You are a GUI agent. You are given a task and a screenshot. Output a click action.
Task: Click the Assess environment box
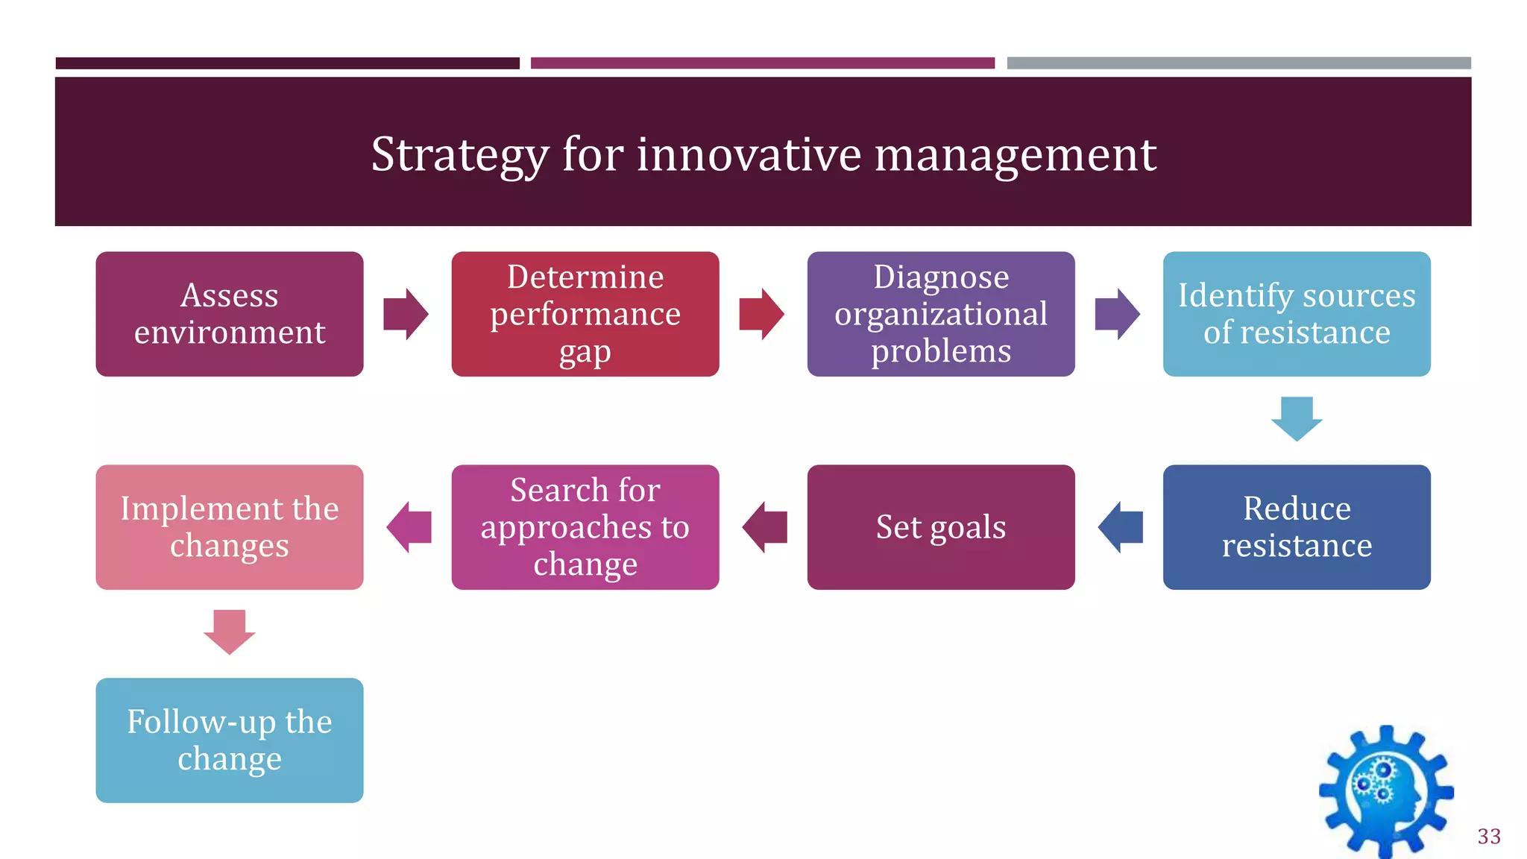230,314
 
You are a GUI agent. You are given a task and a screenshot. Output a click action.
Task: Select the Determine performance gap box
585,314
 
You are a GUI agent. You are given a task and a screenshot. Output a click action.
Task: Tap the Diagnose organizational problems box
941,314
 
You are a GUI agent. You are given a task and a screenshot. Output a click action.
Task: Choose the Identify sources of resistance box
1297,314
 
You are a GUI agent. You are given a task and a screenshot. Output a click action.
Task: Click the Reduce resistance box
1297,527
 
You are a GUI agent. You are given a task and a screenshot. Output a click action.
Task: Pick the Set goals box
941,527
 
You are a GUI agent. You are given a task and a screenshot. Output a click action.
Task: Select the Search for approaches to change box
585,527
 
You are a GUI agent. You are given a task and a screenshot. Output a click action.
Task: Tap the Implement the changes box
230,527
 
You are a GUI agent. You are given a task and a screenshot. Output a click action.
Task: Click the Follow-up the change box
230,740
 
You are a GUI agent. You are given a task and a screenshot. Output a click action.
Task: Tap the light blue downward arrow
1297,419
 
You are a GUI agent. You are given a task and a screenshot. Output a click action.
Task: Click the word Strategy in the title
459,155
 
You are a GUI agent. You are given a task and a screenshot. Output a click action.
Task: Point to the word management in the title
1015,155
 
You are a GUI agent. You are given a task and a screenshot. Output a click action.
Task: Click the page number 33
1489,837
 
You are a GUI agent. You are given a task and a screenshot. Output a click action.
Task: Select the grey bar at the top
1238,63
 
